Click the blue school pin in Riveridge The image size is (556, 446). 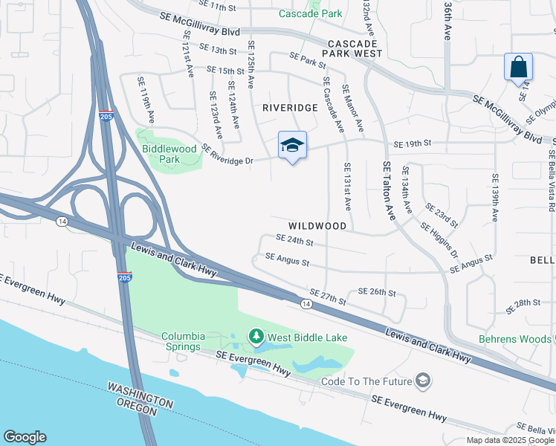tap(292, 146)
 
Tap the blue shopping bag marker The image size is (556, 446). tap(518, 68)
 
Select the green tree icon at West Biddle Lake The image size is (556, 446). tap(256, 337)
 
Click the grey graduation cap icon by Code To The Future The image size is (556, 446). tap(423, 381)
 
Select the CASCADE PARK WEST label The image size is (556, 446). tap(353, 48)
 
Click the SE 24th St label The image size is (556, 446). tap(294, 241)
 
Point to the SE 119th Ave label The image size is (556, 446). tap(146, 100)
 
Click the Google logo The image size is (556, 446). tap(25, 436)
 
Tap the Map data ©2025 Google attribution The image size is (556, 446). tap(509, 440)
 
